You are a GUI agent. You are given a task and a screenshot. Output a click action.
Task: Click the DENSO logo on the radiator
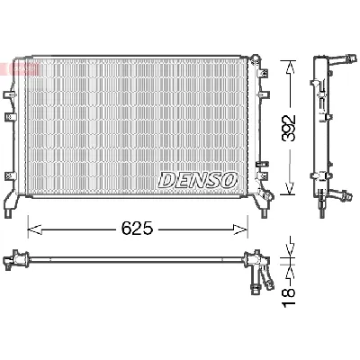(198, 180)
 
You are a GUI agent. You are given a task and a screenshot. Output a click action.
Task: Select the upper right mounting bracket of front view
(259, 64)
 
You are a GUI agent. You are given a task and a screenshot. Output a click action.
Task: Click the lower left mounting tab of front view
(11, 200)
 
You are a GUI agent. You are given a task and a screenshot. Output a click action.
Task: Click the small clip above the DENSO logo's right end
(260, 164)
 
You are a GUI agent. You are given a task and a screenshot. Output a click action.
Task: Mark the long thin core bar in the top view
(135, 261)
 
